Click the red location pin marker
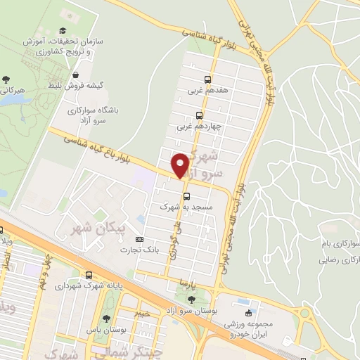click(x=180, y=165)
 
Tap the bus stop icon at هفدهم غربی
click(x=207, y=79)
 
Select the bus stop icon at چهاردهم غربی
click(x=199, y=115)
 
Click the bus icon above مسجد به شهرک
click(x=186, y=196)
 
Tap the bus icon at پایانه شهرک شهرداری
click(x=89, y=275)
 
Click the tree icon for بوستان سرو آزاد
click(x=192, y=300)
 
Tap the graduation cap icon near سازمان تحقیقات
click(x=63, y=30)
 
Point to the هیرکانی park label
click(x=13, y=91)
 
